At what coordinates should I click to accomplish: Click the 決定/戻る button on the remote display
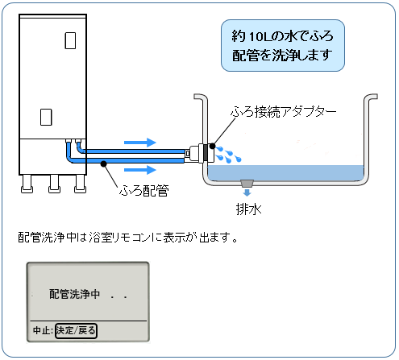tap(76, 330)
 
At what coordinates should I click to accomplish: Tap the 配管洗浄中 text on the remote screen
tap(74, 294)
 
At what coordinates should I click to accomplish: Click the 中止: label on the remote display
tap(43, 330)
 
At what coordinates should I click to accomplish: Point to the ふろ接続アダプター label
tap(284, 111)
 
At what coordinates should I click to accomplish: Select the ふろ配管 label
tap(144, 191)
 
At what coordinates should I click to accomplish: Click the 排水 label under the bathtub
tap(248, 209)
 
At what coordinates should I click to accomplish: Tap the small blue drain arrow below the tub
tap(247, 192)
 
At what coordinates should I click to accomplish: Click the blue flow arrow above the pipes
tap(140, 143)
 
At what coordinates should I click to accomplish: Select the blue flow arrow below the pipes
tap(140, 170)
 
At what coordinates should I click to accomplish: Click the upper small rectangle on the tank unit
tap(70, 40)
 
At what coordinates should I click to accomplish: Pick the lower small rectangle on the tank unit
tap(46, 117)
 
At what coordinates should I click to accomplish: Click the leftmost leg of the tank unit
tap(27, 184)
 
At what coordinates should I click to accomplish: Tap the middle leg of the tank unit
tap(54, 184)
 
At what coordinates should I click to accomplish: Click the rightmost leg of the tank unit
tap(80, 184)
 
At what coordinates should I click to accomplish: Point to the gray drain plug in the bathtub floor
tap(247, 184)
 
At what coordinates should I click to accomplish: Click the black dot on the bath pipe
tap(104, 163)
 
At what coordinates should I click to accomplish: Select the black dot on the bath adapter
tap(212, 147)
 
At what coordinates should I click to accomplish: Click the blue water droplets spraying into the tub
tap(229, 155)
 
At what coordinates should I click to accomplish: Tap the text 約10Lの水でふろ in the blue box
tap(282, 36)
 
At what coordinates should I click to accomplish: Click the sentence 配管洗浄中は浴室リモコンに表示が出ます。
tap(127, 237)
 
